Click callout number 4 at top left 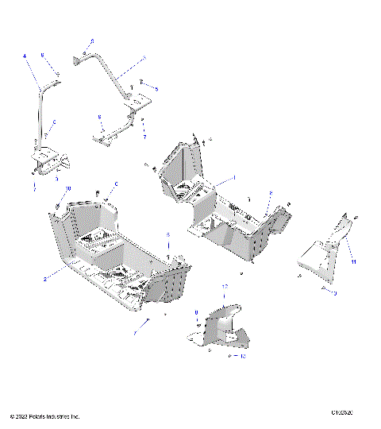point(25,56)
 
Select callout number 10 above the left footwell point(68,188)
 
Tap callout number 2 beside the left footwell point(44,277)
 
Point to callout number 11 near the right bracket point(353,261)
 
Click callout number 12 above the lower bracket point(225,286)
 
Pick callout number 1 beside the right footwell point(234,177)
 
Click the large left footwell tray point(119,254)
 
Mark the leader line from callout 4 point(33,68)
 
